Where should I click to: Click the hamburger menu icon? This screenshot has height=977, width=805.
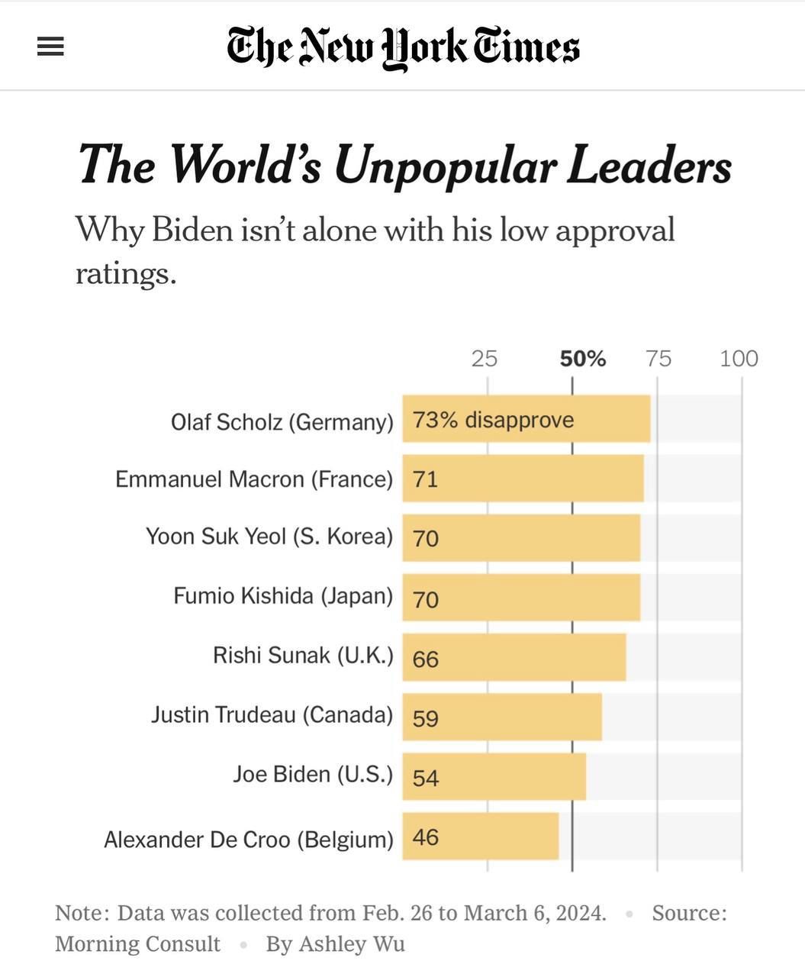[x=50, y=47]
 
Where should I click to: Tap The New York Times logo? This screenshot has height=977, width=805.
[x=403, y=47]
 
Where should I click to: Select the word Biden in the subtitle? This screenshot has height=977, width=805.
[x=192, y=230]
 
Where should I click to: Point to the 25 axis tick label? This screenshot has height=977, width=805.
[x=484, y=359]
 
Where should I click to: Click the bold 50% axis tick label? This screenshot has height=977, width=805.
[x=582, y=359]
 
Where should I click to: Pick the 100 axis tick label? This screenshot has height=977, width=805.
[x=739, y=359]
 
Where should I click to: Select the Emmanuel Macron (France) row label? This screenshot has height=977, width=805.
[x=253, y=479]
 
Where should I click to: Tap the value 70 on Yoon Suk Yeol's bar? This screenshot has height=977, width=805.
[x=426, y=539]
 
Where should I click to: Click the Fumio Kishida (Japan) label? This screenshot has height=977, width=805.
[x=282, y=595]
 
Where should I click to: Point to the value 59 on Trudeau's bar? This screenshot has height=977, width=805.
[x=426, y=718]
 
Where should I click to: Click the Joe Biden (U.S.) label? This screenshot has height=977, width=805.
[x=312, y=775]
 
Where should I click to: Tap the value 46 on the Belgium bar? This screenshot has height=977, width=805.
[x=426, y=837]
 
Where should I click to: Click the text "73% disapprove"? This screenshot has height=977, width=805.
[x=493, y=420]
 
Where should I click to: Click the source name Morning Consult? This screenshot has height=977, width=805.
[x=137, y=944]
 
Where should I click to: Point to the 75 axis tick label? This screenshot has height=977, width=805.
[x=658, y=359]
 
